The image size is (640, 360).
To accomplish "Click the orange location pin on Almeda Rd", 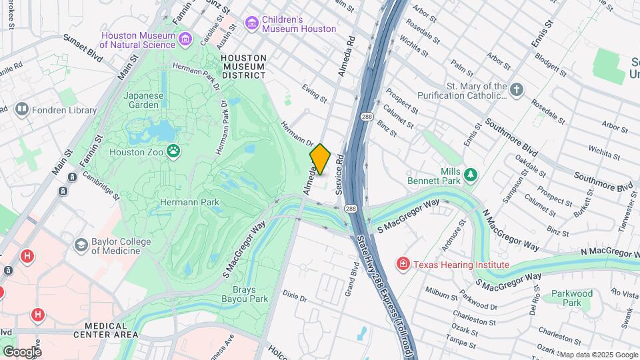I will coord(320,159).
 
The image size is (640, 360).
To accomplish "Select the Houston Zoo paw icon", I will coord(174,151).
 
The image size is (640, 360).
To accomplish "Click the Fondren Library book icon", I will coord(22,109).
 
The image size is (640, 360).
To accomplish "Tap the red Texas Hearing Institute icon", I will coord(403,265).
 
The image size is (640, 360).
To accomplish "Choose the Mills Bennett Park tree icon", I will coord(471,175).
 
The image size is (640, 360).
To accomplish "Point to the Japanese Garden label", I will coord(143,100).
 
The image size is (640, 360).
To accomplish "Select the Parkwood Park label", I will coord(571,298).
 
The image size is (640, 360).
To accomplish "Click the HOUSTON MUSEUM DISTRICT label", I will coord(244,67).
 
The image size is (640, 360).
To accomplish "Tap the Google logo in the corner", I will coord(22,351).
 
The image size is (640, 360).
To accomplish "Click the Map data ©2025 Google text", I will coord(599,355).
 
